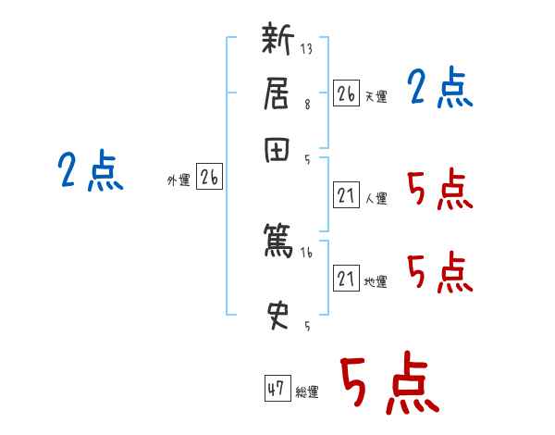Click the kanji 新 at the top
tap(277, 43)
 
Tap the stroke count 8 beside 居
tap(306, 105)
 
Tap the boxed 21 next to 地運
tap(346, 279)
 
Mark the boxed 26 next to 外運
tap(209, 178)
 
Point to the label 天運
tap(376, 96)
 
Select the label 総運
tap(307, 391)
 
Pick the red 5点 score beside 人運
tap(439, 191)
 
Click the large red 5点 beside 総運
tap(388, 384)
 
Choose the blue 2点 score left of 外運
tap(90, 172)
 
